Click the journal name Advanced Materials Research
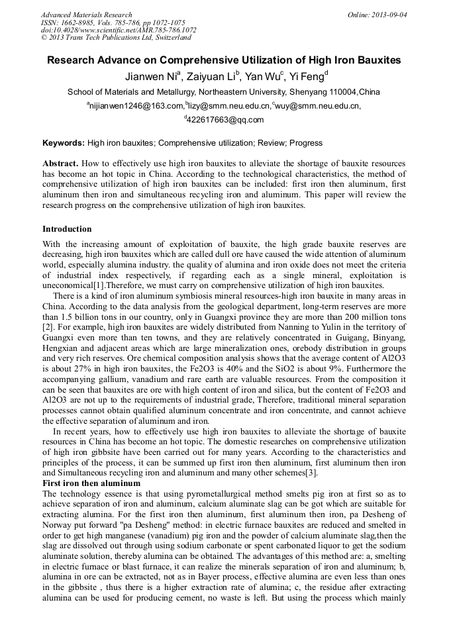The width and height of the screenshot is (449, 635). [x=87, y=15]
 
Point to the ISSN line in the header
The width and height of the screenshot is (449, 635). [x=113, y=23]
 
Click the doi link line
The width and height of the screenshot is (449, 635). [x=119, y=30]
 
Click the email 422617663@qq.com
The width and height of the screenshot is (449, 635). [x=225, y=120]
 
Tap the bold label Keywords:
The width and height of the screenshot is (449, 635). [x=64, y=142]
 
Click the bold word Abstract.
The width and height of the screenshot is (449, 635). [x=60, y=163]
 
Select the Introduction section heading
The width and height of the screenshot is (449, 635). [x=67, y=229]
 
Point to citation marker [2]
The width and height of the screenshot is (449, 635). [x=47, y=328]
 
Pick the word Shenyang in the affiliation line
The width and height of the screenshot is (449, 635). [x=308, y=91]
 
